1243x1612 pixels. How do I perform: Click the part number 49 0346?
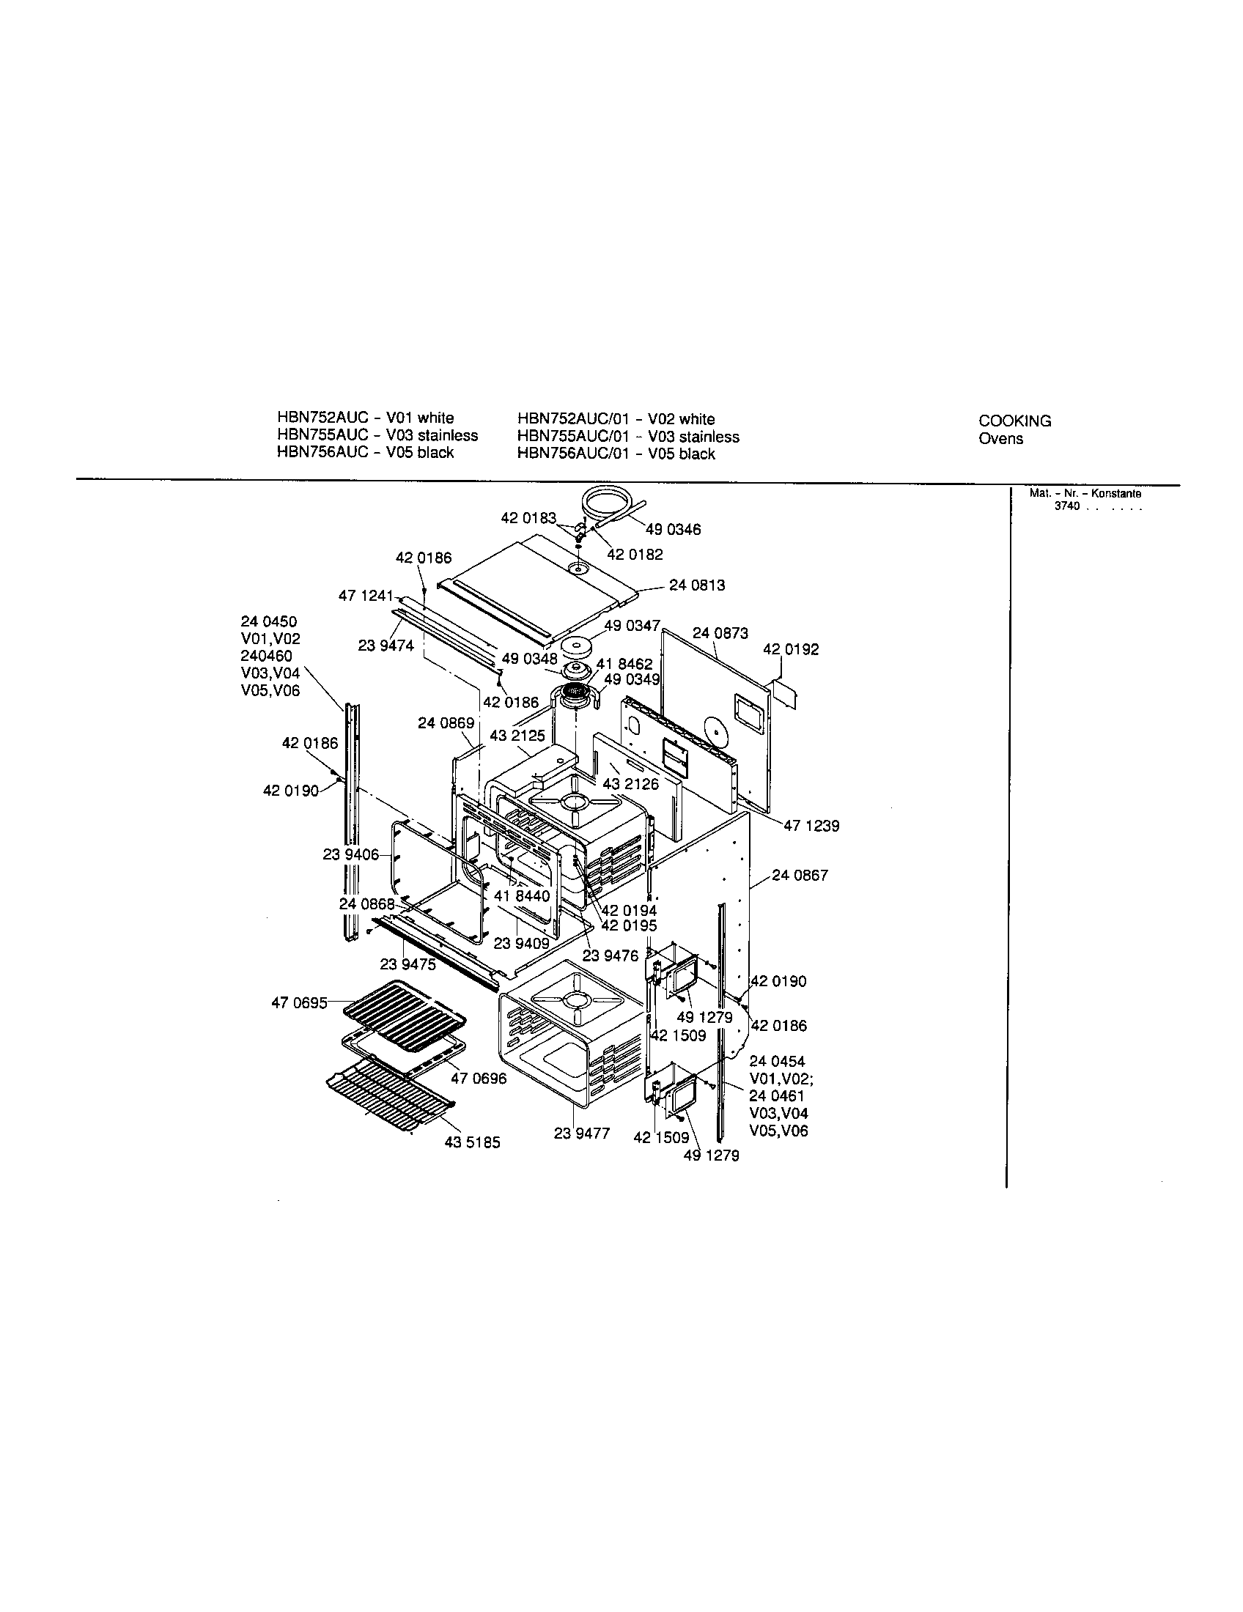tap(673, 529)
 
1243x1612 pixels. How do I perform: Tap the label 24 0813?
tap(697, 585)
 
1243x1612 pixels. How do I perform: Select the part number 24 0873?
tap(720, 632)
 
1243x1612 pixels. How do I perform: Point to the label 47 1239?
tap(811, 826)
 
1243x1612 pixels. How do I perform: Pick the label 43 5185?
tap(473, 1142)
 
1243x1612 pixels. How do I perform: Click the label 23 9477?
tap(582, 1133)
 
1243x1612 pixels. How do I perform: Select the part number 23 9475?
tap(408, 964)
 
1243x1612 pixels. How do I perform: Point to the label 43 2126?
tap(630, 784)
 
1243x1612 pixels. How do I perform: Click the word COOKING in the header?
tap(1015, 421)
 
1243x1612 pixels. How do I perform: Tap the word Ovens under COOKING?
tap(1001, 438)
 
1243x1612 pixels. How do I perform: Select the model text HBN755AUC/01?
tap(573, 436)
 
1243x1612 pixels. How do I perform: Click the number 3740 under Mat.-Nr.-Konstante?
tap(1066, 506)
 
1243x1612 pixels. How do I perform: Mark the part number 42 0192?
tap(791, 649)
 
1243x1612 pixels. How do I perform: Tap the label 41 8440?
tap(522, 896)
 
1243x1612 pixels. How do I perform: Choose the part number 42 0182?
tap(635, 555)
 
